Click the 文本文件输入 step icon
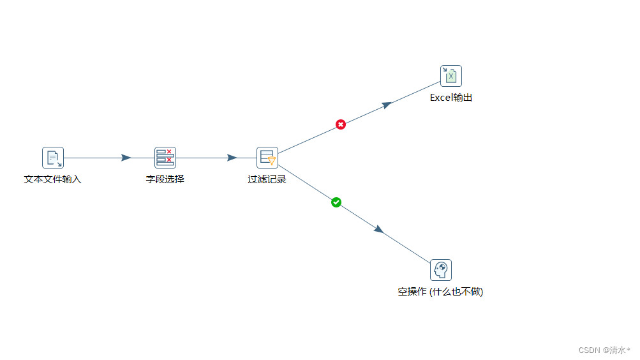pyautogui.click(x=53, y=158)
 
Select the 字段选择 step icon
pyautogui.click(x=165, y=158)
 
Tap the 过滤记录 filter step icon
pyautogui.click(x=267, y=158)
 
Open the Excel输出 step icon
pyautogui.click(x=451, y=76)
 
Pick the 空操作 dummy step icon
pyautogui.click(x=441, y=270)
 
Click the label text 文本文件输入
pyautogui.click(x=53, y=179)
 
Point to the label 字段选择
pyautogui.click(x=165, y=179)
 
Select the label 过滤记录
pyautogui.click(x=267, y=179)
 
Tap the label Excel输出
pyautogui.click(x=451, y=98)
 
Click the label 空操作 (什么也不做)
pyautogui.click(x=441, y=292)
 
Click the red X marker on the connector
pyautogui.click(x=341, y=124)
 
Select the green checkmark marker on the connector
pyautogui.click(x=336, y=202)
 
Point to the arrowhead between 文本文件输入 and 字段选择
pyautogui.click(x=126, y=158)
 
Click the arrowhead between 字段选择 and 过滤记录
pyautogui.click(x=232, y=158)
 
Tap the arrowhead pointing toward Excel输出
pyautogui.click(x=387, y=105)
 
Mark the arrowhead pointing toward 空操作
pyautogui.click(x=379, y=229)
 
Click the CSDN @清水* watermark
pyautogui.click(x=604, y=350)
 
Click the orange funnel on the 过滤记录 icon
pyautogui.click(x=272, y=161)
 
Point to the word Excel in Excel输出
pyautogui.click(x=441, y=98)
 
